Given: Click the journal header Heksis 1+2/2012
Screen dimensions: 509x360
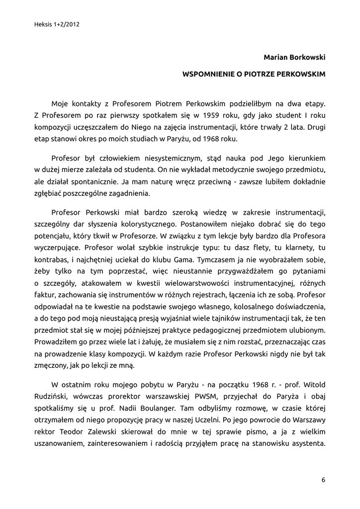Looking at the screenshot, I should tap(57, 23).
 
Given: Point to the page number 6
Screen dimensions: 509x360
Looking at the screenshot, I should tap(323, 480).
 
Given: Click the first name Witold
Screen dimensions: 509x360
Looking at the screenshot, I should tap(314, 385).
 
